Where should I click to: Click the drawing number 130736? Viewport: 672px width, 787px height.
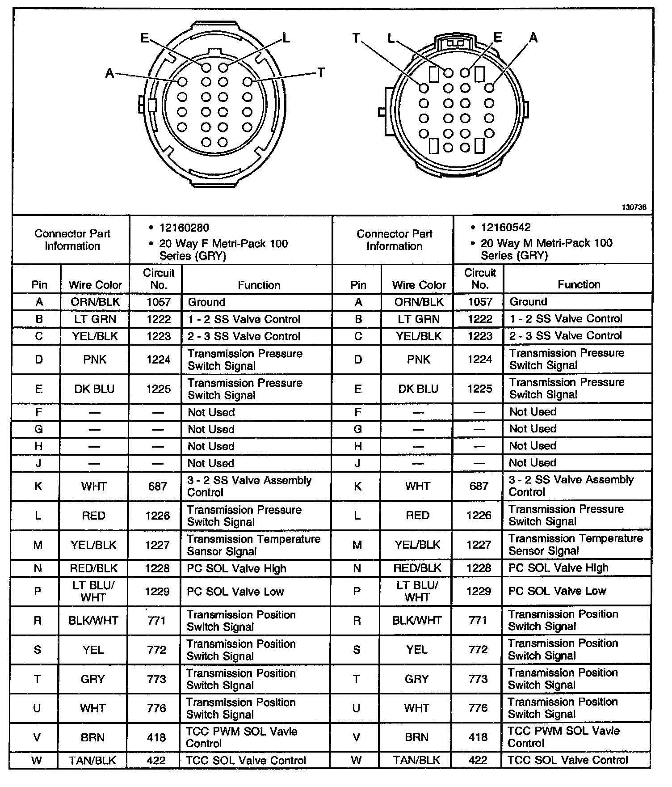pyautogui.click(x=634, y=207)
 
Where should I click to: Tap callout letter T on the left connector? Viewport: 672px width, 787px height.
pyautogui.click(x=321, y=73)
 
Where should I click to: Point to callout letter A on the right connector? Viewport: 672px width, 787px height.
pyautogui.click(x=533, y=38)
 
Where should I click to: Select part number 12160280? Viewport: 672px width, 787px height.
pyautogui.click(x=184, y=228)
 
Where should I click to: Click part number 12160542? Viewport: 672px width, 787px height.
pyautogui.click(x=506, y=227)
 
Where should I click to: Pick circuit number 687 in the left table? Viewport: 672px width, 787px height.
pyautogui.click(x=157, y=486)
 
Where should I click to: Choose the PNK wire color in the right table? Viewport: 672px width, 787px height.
pyautogui.click(x=418, y=359)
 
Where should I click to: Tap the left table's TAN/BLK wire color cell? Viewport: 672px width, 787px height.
pyautogui.click(x=92, y=760)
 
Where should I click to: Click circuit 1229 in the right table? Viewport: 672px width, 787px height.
pyautogui.click(x=479, y=591)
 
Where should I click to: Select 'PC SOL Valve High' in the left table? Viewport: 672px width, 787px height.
pyautogui.click(x=236, y=568)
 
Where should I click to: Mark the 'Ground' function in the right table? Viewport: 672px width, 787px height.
pyautogui.click(x=528, y=301)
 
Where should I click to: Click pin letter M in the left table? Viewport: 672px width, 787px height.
pyautogui.click(x=38, y=545)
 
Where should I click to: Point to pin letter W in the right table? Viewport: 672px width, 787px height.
pyautogui.click(x=357, y=760)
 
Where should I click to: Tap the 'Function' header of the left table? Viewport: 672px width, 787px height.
pyautogui.click(x=259, y=285)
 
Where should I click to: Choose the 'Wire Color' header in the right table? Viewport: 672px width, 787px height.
pyautogui.click(x=419, y=285)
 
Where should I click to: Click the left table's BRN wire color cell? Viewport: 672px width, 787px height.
pyautogui.click(x=92, y=737)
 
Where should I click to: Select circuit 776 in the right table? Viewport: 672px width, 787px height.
pyautogui.click(x=478, y=708)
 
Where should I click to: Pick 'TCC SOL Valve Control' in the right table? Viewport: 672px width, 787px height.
pyautogui.click(x=567, y=760)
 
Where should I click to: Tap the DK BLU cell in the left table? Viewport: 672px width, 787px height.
pyautogui.click(x=94, y=389)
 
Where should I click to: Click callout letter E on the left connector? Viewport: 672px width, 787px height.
pyautogui.click(x=144, y=38)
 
